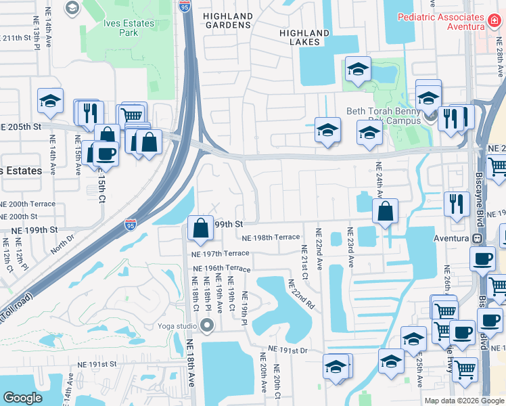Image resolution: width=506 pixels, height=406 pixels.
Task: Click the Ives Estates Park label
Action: [129, 28]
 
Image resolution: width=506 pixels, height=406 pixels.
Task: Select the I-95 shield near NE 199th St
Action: [131, 223]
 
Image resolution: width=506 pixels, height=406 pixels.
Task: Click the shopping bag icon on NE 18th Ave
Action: [202, 228]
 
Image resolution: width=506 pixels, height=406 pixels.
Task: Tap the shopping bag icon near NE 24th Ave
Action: [385, 210]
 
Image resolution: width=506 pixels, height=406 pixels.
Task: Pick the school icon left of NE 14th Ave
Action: [50, 101]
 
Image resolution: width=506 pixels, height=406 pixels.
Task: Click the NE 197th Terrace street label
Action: [221, 254]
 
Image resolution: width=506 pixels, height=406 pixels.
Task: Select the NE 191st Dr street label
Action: [287, 350]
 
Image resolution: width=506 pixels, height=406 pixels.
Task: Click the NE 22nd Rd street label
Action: [302, 296]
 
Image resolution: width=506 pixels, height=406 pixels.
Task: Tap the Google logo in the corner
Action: [22, 398]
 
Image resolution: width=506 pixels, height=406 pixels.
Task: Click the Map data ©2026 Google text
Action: [465, 401]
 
